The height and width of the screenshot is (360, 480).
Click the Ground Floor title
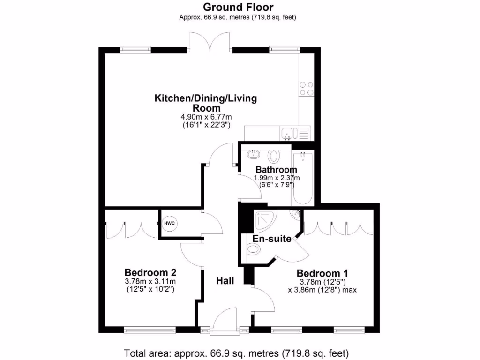click(238, 7)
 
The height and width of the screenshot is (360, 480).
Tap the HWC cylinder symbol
click(169, 223)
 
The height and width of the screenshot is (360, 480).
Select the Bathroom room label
click(276, 170)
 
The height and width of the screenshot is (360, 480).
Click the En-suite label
click(272, 239)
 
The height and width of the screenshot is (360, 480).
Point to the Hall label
click(225, 281)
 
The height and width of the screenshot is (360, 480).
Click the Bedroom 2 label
click(150, 272)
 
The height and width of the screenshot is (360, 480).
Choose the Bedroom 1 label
click(322, 273)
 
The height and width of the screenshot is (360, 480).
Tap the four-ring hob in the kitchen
click(307, 89)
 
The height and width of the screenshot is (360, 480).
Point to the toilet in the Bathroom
click(274, 156)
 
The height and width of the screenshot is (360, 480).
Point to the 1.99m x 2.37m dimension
click(277, 178)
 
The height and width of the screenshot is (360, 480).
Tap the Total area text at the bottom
click(237, 352)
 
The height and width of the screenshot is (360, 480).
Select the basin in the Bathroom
click(254, 154)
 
